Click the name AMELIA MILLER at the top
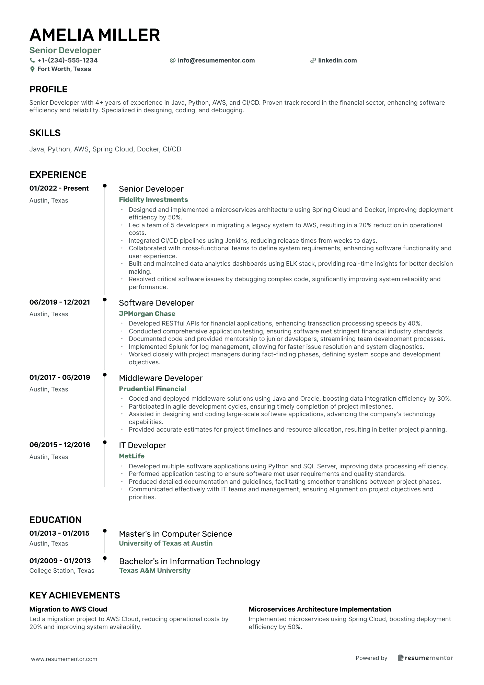[x=94, y=35]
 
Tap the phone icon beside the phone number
[x=32, y=60]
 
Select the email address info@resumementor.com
[x=216, y=60]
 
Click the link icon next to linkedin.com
[x=313, y=60]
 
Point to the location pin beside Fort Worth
[x=32, y=69]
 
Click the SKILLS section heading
[x=45, y=133]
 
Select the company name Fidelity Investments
[x=153, y=200]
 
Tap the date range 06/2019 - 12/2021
[x=60, y=302]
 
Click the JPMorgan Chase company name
[x=147, y=313]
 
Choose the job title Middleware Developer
[x=161, y=378]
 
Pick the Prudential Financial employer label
[x=152, y=389]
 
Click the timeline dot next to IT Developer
[x=105, y=442]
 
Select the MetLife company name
[x=131, y=456]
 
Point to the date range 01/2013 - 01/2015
[x=59, y=533]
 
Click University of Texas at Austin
[x=165, y=543]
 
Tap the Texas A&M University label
[x=154, y=570]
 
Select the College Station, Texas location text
[x=62, y=571]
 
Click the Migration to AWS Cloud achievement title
[x=68, y=609]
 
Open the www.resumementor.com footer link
[x=64, y=659]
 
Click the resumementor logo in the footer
[x=425, y=658]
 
